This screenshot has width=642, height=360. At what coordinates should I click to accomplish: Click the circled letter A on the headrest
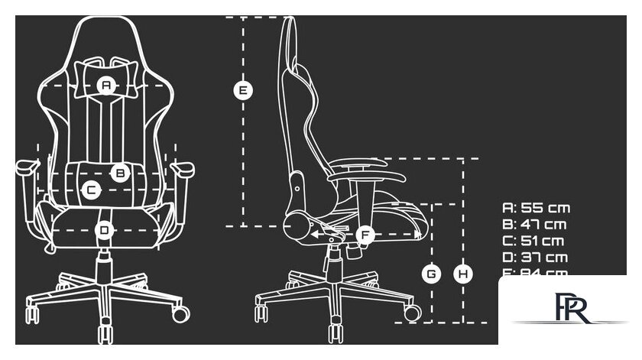click(106, 86)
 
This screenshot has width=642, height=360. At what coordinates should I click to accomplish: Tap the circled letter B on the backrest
click(120, 173)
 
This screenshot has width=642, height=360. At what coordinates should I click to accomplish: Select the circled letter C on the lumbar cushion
click(90, 190)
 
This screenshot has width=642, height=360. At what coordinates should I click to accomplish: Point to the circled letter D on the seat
click(105, 229)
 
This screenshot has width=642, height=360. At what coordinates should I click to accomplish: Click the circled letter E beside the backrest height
click(242, 90)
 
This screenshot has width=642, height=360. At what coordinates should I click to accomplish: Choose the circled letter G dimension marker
click(432, 273)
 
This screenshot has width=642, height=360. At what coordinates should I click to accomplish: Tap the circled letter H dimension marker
click(462, 273)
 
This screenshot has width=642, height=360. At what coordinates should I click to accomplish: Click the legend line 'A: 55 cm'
click(536, 208)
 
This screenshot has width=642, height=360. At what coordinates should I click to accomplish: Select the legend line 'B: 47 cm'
click(534, 225)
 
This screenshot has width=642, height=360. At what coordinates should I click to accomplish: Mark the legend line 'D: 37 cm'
click(535, 258)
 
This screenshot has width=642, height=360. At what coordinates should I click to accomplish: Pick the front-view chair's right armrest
click(182, 166)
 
